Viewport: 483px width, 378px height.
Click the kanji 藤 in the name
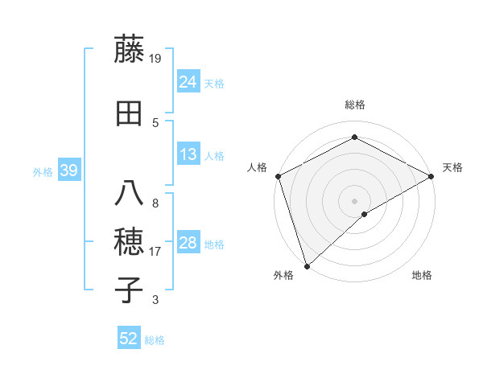(x=129, y=49)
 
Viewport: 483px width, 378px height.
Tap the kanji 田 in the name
(x=129, y=113)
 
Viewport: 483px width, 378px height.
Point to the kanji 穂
(x=129, y=240)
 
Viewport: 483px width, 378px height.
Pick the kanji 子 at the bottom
(x=129, y=290)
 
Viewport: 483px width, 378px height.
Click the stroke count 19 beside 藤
(x=156, y=58)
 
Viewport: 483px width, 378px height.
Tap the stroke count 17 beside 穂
(x=156, y=252)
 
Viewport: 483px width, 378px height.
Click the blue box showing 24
(x=188, y=82)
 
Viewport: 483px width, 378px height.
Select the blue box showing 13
(x=188, y=155)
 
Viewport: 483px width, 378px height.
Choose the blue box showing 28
(x=188, y=244)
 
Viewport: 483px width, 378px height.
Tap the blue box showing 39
(x=68, y=171)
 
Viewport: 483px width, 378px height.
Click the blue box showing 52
(x=129, y=339)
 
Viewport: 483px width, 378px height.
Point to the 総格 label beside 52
(x=155, y=340)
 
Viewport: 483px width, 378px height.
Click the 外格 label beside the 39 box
(x=43, y=172)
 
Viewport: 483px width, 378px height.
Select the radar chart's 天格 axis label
(x=452, y=167)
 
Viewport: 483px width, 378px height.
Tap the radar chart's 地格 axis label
(x=422, y=275)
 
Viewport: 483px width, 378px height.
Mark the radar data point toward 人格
(x=278, y=176)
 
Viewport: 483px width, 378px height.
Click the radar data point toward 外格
(x=306, y=265)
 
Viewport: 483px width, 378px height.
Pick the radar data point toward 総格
(x=354, y=138)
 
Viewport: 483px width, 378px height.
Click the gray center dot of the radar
(x=354, y=200)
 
